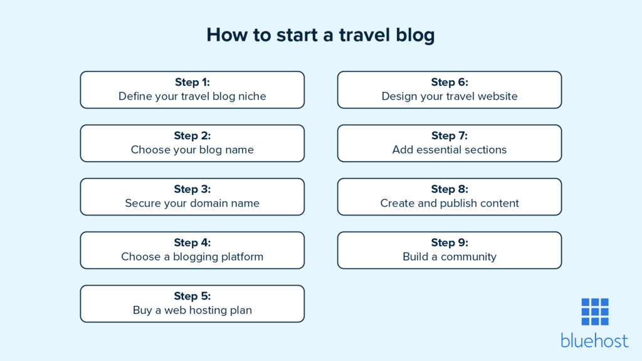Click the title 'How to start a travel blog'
pyautogui.click(x=320, y=35)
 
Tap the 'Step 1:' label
pyautogui.click(x=192, y=82)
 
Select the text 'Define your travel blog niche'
pyautogui.click(x=192, y=97)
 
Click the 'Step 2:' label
pyautogui.click(x=192, y=135)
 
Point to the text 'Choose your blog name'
pyautogui.click(x=192, y=150)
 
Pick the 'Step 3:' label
pyautogui.click(x=192, y=189)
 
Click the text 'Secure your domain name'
pyautogui.click(x=192, y=203)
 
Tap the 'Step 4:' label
pyautogui.click(x=192, y=243)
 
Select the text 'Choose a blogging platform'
pyautogui.click(x=192, y=257)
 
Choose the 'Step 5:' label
pyautogui.click(x=192, y=296)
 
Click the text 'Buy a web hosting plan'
pyautogui.click(x=192, y=310)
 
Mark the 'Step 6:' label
pyautogui.click(x=450, y=82)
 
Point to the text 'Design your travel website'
pyautogui.click(x=450, y=97)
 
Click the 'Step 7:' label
pyautogui.click(x=450, y=135)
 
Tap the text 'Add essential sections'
pyautogui.click(x=450, y=150)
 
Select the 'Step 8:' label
pyautogui.click(x=450, y=189)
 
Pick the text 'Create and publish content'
pyautogui.click(x=450, y=203)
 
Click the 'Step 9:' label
pyautogui.click(x=450, y=243)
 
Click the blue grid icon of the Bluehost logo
pyautogui.click(x=594, y=311)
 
